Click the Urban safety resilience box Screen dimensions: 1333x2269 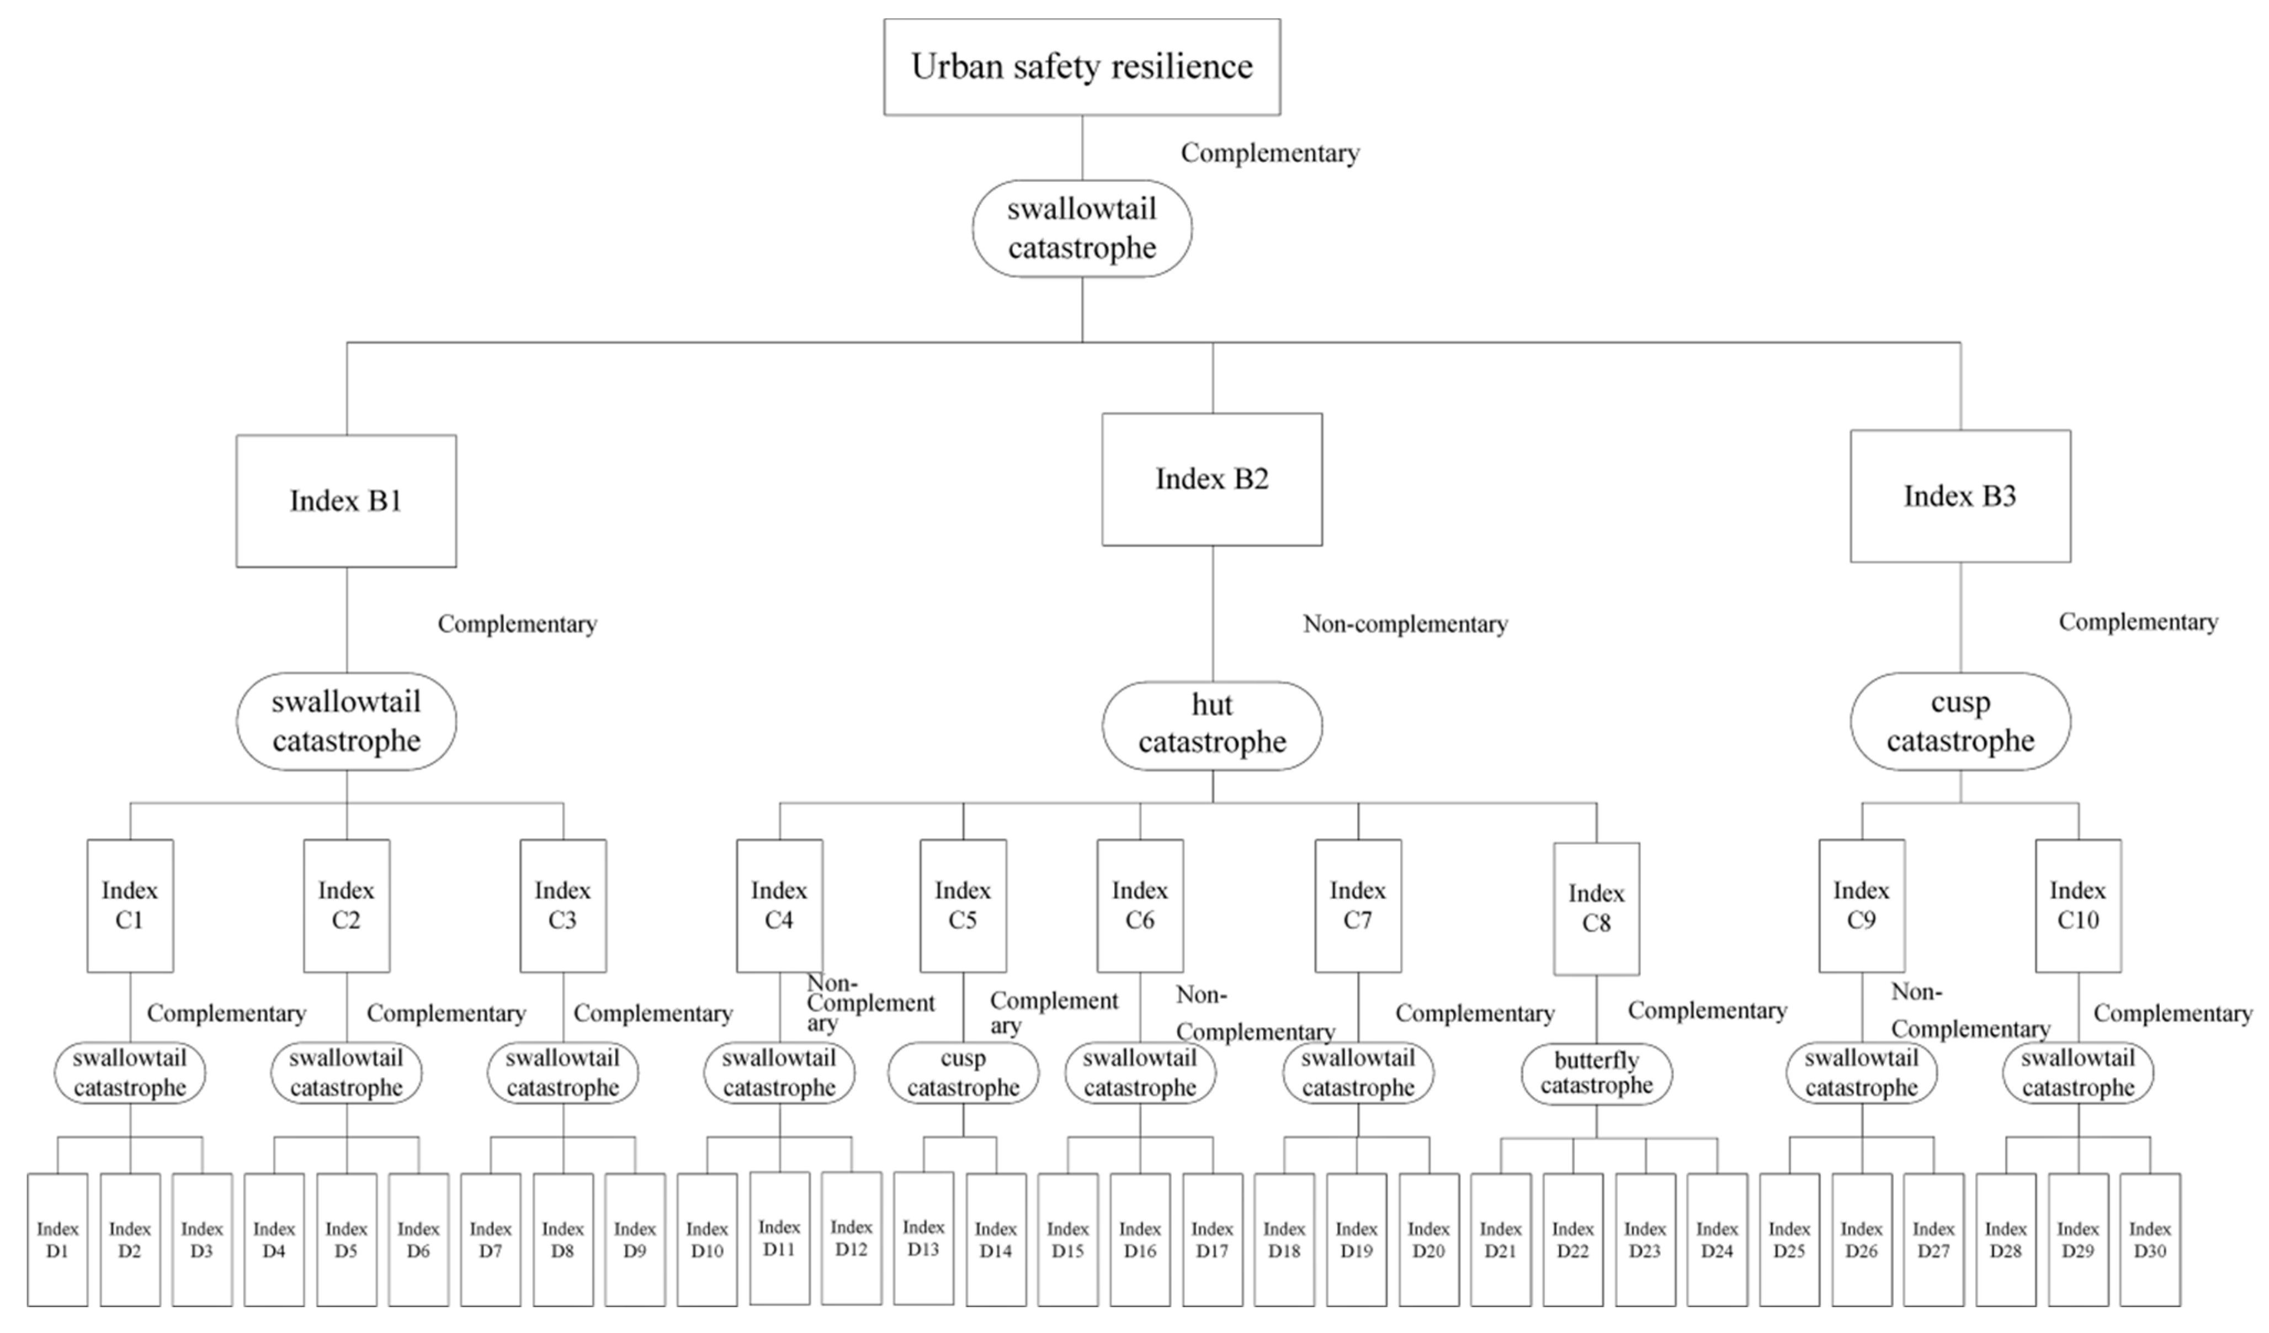click(x=1081, y=67)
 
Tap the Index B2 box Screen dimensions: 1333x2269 click(x=1212, y=479)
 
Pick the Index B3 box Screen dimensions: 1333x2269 click(x=1960, y=496)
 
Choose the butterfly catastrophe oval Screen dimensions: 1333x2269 click(x=1596, y=1073)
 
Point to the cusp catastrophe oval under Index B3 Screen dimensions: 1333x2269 click(x=1960, y=721)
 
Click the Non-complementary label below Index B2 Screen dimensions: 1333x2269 click(x=1405, y=624)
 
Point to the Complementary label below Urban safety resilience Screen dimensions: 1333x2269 click(x=1269, y=153)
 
